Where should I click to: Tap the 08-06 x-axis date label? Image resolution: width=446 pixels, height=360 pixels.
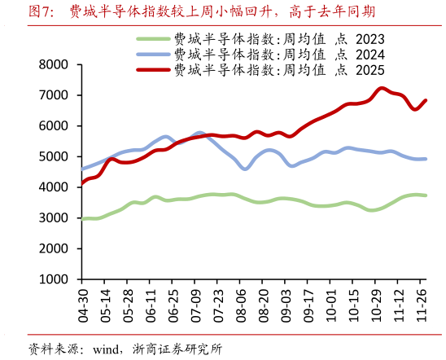(x=241, y=299)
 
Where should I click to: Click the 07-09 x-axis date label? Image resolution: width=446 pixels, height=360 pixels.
(x=196, y=299)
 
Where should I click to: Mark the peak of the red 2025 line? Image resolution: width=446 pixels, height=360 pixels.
(x=383, y=88)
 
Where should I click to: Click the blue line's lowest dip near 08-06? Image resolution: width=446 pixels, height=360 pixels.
(x=245, y=169)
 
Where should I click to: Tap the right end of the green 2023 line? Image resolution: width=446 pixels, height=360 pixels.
(x=426, y=195)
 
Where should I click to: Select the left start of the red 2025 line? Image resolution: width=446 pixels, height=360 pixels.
(x=82, y=184)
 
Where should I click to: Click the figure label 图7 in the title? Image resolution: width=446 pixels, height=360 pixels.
(x=41, y=11)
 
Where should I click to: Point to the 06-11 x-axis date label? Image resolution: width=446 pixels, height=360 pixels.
(x=151, y=299)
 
